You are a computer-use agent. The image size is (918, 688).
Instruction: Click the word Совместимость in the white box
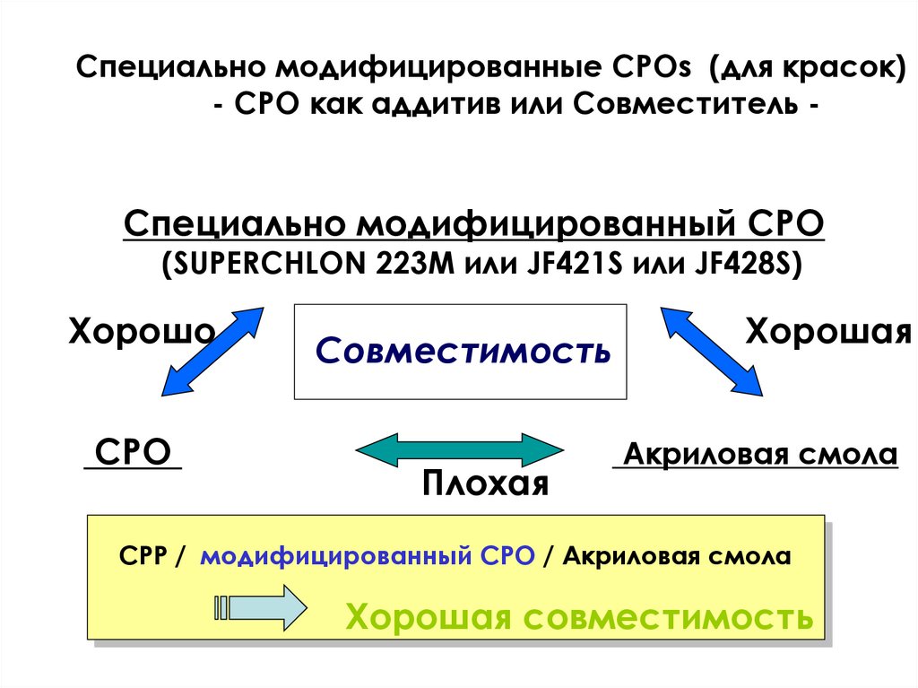tap(463, 351)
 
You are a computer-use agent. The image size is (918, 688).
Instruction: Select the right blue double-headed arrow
tap(712, 350)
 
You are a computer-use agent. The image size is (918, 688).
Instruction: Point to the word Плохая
tap(485, 484)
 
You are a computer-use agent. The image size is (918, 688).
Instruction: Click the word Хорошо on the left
tap(142, 331)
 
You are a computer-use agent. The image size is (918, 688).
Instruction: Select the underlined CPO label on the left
tap(133, 452)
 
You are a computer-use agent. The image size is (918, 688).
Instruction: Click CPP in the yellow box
tap(142, 556)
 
